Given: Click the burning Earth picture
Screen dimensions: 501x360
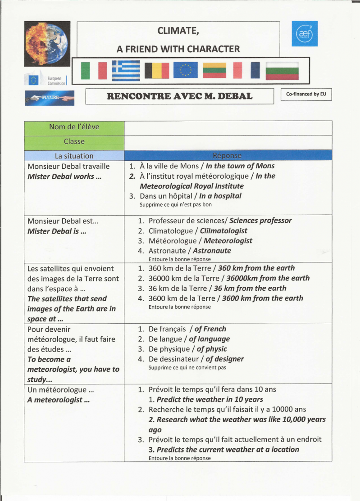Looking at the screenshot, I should [x=47, y=44].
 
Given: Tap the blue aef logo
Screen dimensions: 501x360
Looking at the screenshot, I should [x=304, y=33].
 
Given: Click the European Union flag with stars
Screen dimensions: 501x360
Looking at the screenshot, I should [x=185, y=70].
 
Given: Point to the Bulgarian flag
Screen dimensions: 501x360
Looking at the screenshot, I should [x=282, y=70].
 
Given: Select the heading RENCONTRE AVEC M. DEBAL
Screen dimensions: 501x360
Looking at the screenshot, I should [x=179, y=96].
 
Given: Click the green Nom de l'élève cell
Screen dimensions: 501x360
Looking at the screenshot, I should [x=74, y=127].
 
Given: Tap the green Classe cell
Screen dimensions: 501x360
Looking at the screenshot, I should [x=74, y=141].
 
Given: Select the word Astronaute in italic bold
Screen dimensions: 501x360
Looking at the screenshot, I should [x=212, y=251].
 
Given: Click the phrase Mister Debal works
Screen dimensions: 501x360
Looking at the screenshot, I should [x=64, y=176].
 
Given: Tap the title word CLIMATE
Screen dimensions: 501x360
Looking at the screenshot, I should [x=178, y=31].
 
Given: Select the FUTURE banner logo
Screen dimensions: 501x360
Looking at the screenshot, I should [x=50, y=97].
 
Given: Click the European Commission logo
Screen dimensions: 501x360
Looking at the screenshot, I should [x=47, y=80].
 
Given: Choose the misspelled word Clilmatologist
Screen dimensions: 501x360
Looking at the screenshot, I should [x=223, y=231].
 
